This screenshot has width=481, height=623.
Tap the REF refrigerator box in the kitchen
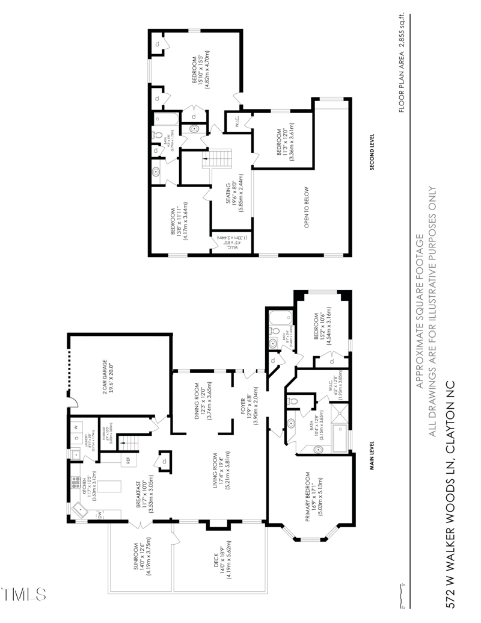pyautogui.click(x=128, y=460)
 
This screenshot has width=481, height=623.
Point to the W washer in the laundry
pyautogui.click(x=76, y=428)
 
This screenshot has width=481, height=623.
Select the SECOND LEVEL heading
pyautogui.click(x=372, y=152)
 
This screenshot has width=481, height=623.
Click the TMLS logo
pyautogui.click(x=24, y=594)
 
